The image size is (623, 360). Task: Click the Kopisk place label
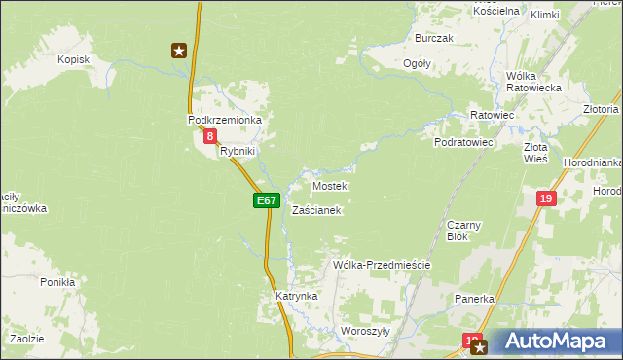point(74,59)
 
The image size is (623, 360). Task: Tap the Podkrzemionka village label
point(226,119)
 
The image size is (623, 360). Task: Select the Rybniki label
point(238,151)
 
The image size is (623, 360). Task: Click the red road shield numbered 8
point(210,137)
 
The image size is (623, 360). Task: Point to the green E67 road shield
point(267,200)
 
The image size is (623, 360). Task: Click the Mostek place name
point(329,185)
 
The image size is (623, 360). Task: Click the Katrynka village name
point(297,295)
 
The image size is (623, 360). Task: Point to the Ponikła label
point(57,281)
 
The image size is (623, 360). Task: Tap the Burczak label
point(434,38)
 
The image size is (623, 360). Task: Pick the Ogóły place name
point(418,63)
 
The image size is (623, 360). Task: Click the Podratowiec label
point(464,142)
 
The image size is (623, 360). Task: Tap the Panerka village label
point(475,299)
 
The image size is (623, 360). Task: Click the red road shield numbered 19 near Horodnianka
point(545,198)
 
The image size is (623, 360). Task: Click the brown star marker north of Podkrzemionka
point(179,50)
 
